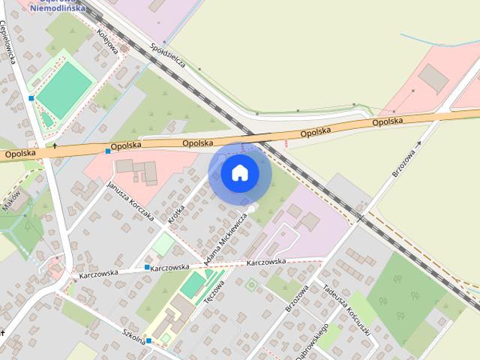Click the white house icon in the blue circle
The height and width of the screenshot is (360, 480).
pyautogui.click(x=239, y=172)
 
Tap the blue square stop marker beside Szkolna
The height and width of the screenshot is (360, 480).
pyautogui.click(x=148, y=341)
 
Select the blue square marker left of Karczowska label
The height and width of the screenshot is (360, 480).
pyautogui.click(x=146, y=267)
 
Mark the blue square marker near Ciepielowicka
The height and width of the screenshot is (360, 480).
pyautogui.click(x=31, y=98)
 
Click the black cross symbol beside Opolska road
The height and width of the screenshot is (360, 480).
pyautogui.click(x=55, y=145)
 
